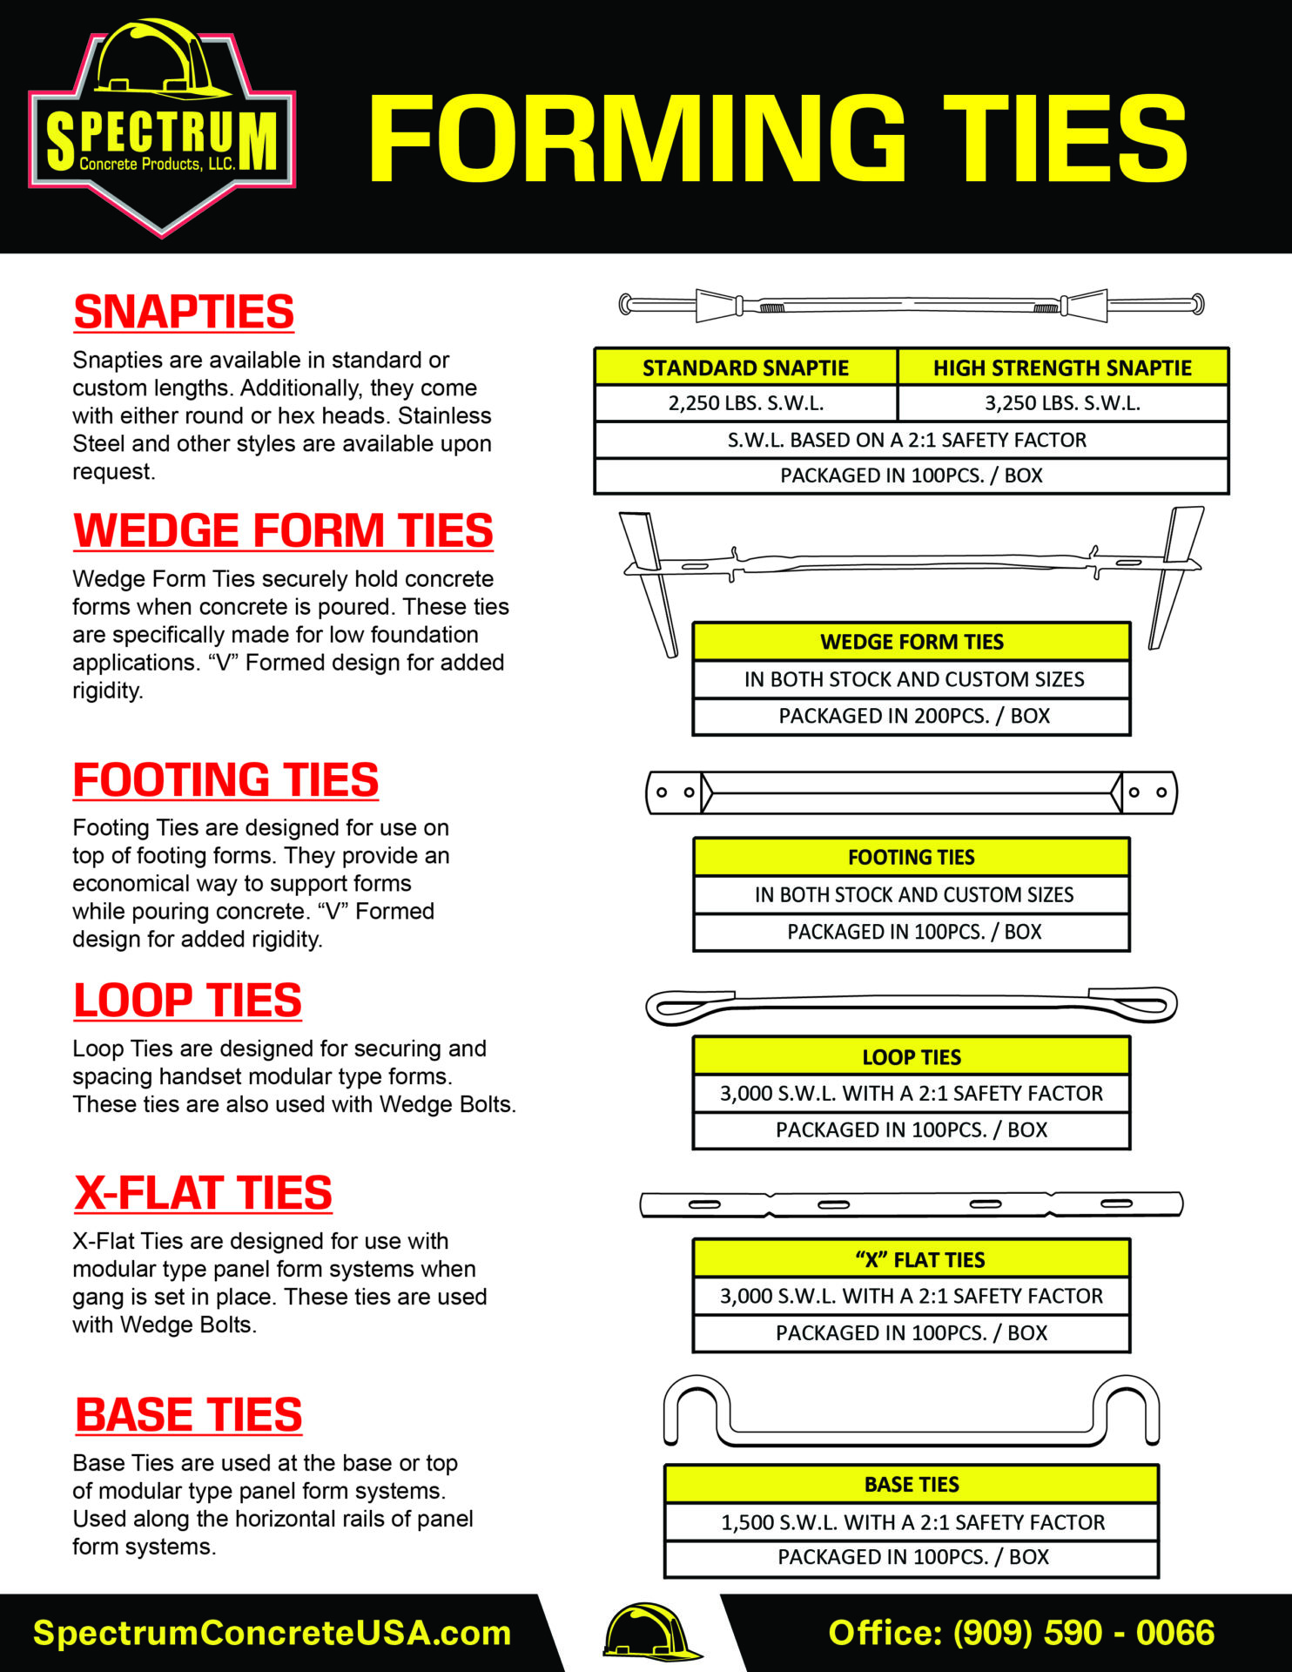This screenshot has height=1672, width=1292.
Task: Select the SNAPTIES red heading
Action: pyautogui.click(x=184, y=313)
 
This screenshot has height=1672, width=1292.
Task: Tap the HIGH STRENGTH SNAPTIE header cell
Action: pyautogui.click(x=1061, y=367)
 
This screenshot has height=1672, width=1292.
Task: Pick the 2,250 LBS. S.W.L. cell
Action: pyautogui.click(x=745, y=403)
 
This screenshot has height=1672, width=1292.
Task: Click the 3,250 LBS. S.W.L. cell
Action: pyautogui.click(x=1061, y=403)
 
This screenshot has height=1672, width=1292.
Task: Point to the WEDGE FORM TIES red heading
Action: pyautogui.click(x=283, y=531)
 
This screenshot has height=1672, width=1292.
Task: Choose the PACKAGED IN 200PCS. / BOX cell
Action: pyautogui.click(x=912, y=716)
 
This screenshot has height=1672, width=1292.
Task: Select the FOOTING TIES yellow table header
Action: pyautogui.click(x=911, y=858)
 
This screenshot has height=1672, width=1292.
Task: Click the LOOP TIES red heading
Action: pyautogui.click(x=187, y=1001)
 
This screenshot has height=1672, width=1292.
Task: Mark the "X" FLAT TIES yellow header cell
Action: pyautogui.click(x=911, y=1260)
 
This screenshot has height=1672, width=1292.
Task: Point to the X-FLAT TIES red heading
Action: pyautogui.click(x=203, y=1193)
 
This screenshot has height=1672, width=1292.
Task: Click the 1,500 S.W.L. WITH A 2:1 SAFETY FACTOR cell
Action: pyautogui.click(x=911, y=1522)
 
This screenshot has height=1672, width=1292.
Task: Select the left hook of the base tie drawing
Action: pyautogui.click(x=696, y=1408)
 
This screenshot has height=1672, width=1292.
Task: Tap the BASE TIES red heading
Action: pyautogui.click(x=188, y=1415)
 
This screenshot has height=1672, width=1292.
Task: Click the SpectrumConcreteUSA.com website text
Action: pyautogui.click(x=271, y=1633)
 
